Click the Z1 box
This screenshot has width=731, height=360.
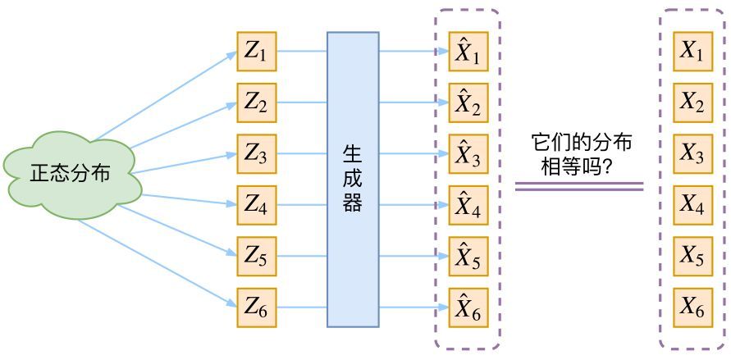(x=257, y=52)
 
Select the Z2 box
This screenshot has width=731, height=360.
(x=257, y=103)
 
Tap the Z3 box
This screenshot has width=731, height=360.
(x=257, y=154)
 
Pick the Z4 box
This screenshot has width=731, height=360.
(x=257, y=206)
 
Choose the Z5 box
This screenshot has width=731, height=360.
(x=257, y=257)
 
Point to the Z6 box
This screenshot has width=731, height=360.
(x=257, y=308)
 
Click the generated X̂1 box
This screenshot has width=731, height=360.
(x=468, y=52)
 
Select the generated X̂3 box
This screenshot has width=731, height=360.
(x=468, y=154)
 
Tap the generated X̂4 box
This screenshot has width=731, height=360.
(x=468, y=206)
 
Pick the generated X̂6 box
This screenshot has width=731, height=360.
(x=468, y=308)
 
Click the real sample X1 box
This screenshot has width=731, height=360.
(x=692, y=52)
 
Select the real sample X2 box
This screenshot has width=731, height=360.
(x=692, y=103)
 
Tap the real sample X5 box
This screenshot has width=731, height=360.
(x=692, y=257)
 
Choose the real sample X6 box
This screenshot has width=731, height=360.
(x=692, y=308)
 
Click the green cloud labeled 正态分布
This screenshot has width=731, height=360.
(x=71, y=175)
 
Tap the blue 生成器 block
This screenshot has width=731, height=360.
(x=353, y=180)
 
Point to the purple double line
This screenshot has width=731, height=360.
(x=578, y=187)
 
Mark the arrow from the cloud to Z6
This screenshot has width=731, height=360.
(x=156, y=262)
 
